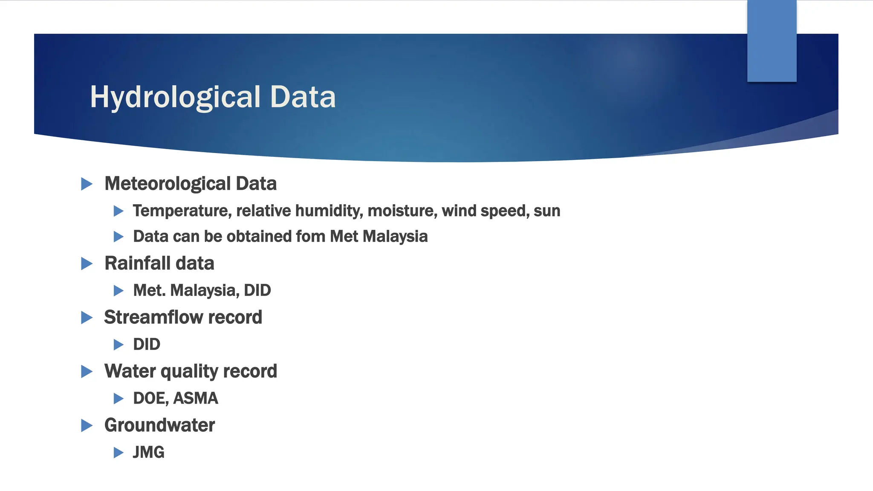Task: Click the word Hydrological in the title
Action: pos(175,97)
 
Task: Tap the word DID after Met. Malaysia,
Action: pos(257,291)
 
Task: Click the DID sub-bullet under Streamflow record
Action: pos(147,344)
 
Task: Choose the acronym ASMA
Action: pos(196,399)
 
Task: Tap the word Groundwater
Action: pos(160,425)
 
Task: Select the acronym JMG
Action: pos(148,452)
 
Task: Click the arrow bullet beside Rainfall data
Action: pos(87,264)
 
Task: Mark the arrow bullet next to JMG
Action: pos(119,453)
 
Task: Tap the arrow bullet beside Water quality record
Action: pos(87,372)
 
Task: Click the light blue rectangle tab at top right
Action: pos(772,40)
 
